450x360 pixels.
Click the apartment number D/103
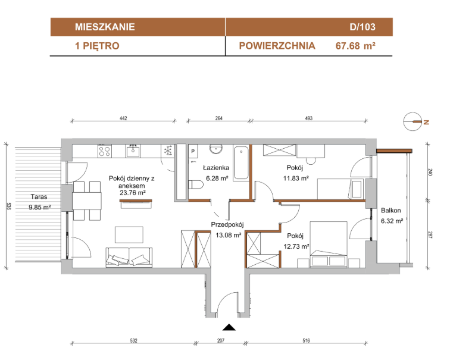(362, 27)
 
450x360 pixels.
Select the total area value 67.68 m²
(355, 46)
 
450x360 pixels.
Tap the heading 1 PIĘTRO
(97, 46)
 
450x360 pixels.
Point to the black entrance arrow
(229, 327)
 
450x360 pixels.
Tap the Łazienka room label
(216, 168)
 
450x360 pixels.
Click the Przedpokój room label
(227, 224)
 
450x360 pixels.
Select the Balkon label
(391, 210)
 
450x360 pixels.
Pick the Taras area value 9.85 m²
(40, 207)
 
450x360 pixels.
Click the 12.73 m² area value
(296, 246)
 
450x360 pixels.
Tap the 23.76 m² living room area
(132, 193)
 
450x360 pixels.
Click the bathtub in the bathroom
(241, 163)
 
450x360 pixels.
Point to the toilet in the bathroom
(196, 184)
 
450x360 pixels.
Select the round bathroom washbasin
(216, 149)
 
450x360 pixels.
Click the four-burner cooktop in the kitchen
(105, 151)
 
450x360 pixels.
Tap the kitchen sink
(133, 151)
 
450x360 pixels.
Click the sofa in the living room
(129, 257)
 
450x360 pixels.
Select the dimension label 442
(123, 118)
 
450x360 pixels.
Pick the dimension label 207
(221, 340)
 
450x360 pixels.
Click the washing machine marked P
(193, 151)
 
